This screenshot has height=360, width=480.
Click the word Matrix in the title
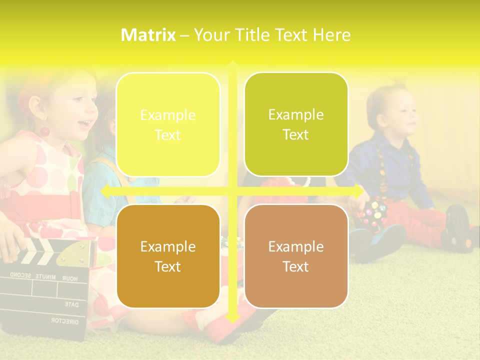[x=148, y=35]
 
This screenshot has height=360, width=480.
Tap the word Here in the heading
[x=331, y=35]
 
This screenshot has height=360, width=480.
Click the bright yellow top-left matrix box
[x=168, y=125]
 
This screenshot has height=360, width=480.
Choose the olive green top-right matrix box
[x=296, y=124]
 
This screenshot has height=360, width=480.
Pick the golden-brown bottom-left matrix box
[x=168, y=256]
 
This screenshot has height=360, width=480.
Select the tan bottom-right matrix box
[x=296, y=256]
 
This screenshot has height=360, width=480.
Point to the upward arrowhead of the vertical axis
[x=232, y=64]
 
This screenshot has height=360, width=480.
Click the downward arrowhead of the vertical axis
[x=232, y=318]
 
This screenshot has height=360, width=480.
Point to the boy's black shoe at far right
[x=457, y=227]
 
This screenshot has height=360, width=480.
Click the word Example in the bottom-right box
[x=296, y=246]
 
